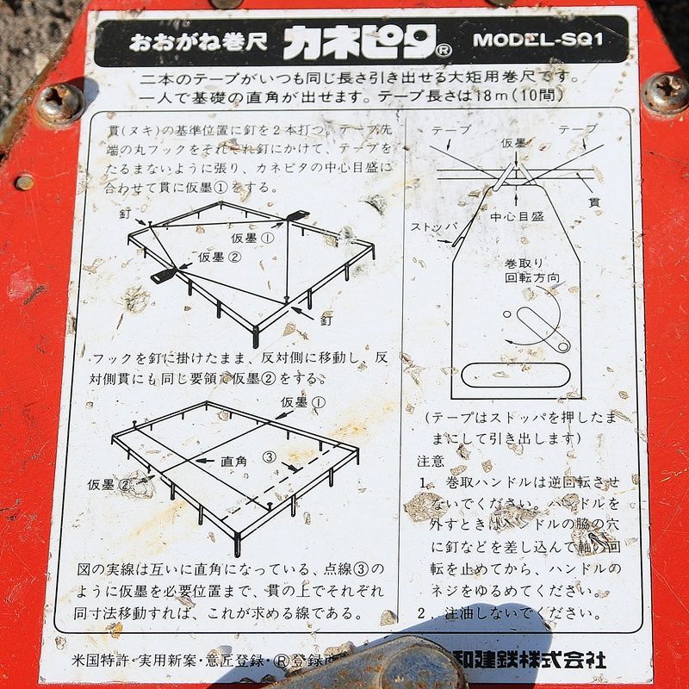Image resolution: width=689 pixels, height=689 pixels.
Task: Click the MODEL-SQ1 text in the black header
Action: pos(537,40)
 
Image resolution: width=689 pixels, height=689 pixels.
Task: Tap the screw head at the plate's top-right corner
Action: pos(665,93)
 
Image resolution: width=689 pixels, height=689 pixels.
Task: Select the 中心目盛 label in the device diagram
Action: pos(517,217)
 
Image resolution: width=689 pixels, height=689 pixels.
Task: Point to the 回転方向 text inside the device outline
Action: pos(531,278)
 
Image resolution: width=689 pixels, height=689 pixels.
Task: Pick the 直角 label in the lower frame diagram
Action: pos(233,462)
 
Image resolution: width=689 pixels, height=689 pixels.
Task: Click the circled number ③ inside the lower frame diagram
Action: pos(270,456)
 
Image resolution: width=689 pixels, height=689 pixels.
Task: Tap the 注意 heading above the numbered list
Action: pos(431,461)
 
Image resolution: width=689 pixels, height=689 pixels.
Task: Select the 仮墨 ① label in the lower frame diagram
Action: pos(303,402)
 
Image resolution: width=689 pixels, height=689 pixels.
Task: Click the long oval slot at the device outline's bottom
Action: pos(516,374)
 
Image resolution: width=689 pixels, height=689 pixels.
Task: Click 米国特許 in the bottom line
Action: pos(101,661)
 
